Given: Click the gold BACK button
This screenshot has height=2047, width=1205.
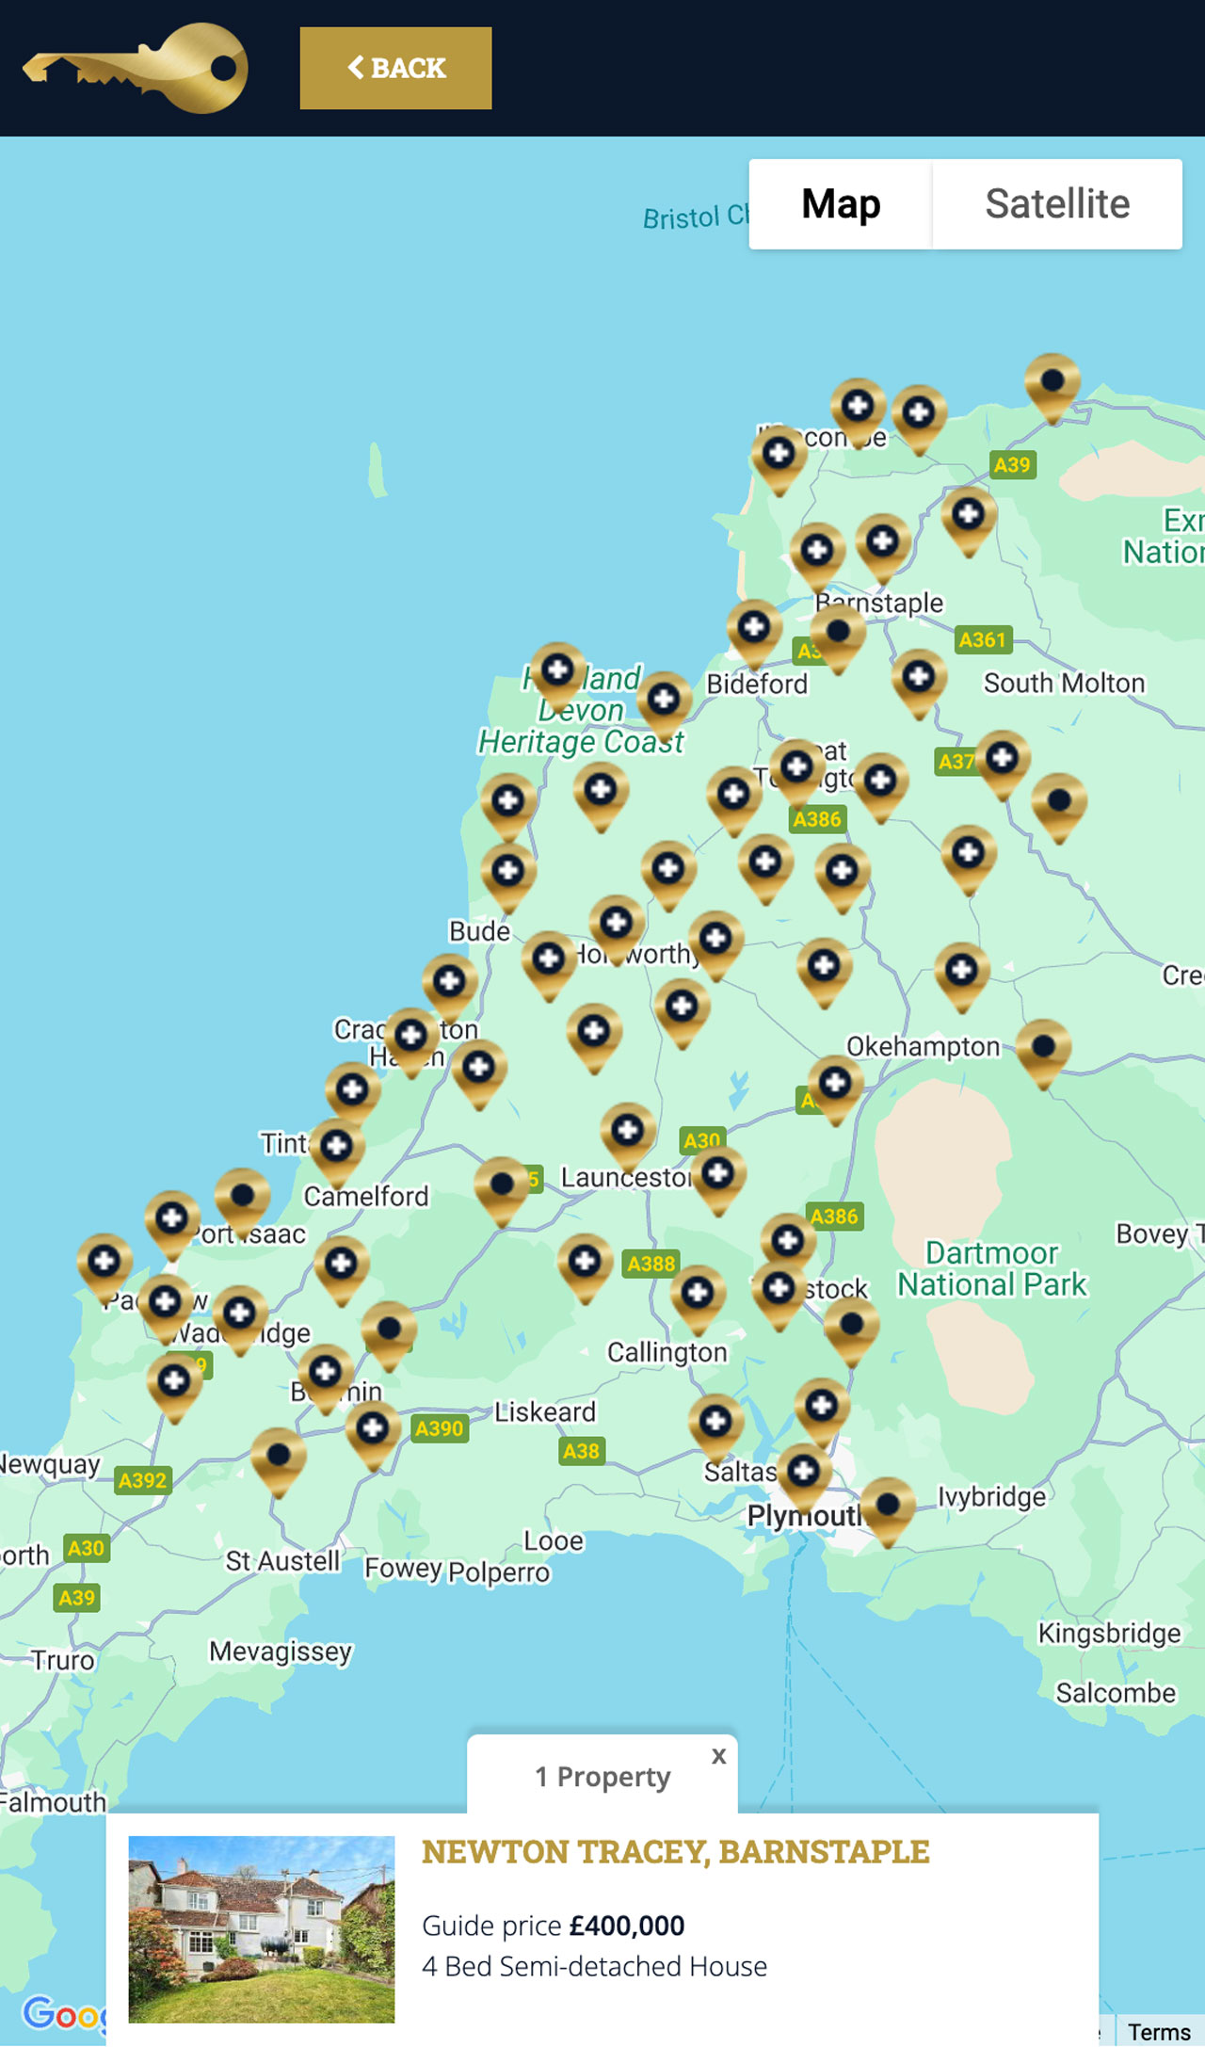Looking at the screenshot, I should click(x=395, y=68).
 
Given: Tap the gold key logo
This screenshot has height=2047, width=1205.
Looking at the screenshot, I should click(x=136, y=68).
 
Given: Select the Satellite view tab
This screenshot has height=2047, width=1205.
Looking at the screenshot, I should click(x=1057, y=203).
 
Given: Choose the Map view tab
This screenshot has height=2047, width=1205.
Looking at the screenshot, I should click(x=841, y=203).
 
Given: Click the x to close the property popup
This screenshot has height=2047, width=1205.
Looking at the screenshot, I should click(x=719, y=1755).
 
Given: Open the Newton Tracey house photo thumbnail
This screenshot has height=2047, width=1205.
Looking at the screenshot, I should click(x=262, y=1928).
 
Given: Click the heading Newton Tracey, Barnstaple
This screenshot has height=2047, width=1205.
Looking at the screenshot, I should click(x=675, y=1851).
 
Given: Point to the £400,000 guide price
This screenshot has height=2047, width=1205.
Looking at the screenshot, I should click(x=627, y=1926).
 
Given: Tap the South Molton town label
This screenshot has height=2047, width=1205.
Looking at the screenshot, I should click(x=1064, y=683).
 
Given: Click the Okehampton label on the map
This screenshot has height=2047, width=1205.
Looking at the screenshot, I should click(x=923, y=1046).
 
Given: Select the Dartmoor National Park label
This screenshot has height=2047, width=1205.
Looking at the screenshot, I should click(x=991, y=1268).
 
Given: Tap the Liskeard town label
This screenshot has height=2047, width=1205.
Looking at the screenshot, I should click(x=545, y=1411).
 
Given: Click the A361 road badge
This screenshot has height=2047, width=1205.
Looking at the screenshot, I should click(x=982, y=640).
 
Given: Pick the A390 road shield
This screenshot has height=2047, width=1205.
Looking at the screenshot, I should click(x=440, y=1428).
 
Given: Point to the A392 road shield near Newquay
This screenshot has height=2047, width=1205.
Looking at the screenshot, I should click(x=142, y=1480).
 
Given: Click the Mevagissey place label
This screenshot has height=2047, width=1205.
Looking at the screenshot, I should click(x=281, y=1652).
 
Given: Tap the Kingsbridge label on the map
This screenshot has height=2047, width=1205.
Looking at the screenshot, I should click(x=1109, y=1633).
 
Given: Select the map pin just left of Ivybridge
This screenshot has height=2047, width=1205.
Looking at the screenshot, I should click(x=888, y=1507).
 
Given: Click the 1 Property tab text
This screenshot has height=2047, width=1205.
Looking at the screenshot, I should click(x=602, y=1777).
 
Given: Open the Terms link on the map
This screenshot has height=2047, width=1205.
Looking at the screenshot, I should click(x=1159, y=2032).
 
